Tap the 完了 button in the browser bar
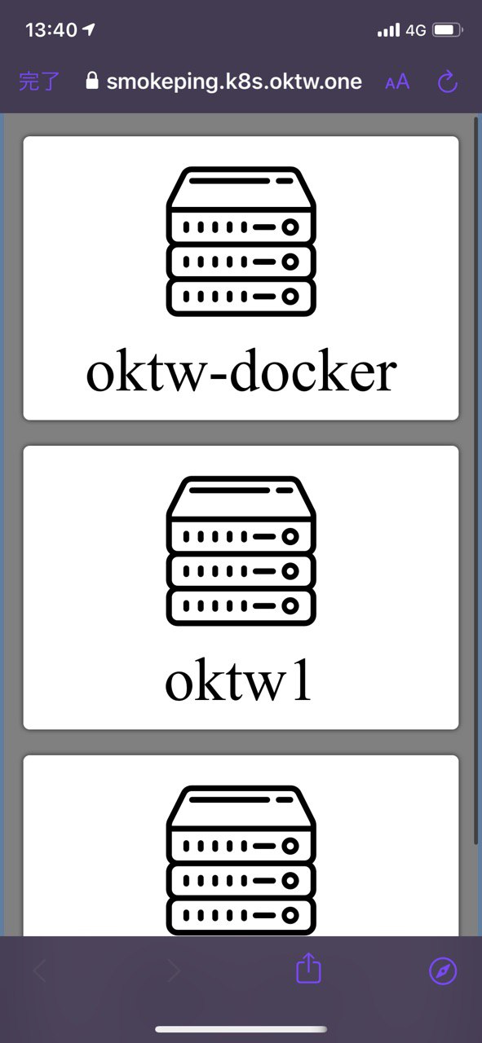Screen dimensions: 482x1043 [x=39, y=81]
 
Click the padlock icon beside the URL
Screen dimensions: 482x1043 [x=92, y=80]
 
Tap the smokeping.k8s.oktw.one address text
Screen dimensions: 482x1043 [x=234, y=81]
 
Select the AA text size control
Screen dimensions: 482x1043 [x=397, y=81]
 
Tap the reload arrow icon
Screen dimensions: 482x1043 [x=448, y=81]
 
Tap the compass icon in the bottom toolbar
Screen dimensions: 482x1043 [x=443, y=970]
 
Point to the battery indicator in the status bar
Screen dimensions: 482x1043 [x=448, y=30]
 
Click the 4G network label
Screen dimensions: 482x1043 [x=416, y=30]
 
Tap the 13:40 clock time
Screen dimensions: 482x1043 [x=51, y=30]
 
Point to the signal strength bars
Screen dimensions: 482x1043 [x=389, y=30]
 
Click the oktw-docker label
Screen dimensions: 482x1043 [x=241, y=371]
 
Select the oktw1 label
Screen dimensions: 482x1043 [x=237, y=680]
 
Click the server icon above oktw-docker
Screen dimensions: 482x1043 [x=241, y=241]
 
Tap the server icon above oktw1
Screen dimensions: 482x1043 [x=241, y=550]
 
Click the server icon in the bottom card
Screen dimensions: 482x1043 [x=241, y=860]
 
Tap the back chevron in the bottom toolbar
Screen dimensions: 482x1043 [x=40, y=970]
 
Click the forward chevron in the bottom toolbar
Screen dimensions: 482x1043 [x=174, y=970]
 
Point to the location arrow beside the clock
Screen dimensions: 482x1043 [x=88, y=30]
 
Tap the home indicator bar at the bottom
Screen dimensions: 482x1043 [x=241, y=1029]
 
